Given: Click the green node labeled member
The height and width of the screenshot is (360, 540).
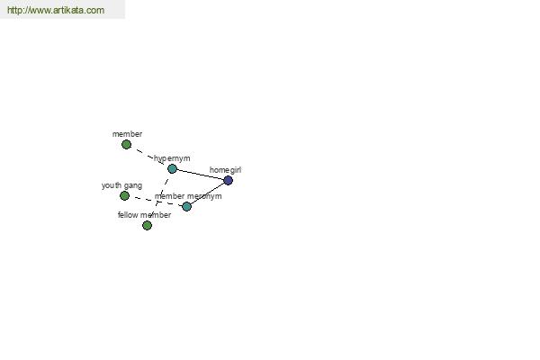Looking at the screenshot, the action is pyautogui.click(x=126, y=144).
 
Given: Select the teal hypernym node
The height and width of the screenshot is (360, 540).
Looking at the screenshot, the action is pyautogui.click(x=172, y=168).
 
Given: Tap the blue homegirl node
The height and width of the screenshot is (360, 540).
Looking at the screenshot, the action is pyautogui.click(x=228, y=180).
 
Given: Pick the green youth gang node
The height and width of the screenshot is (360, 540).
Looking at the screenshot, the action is pyautogui.click(x=124, y=195).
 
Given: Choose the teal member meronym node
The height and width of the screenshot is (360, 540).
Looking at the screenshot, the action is pyautogui.click(x=186, y=206).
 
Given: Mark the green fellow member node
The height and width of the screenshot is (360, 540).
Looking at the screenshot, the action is pyautogui.click(x=147, y=225).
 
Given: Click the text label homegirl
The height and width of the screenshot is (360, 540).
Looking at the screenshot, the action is pyautogui.click(x=225, y=170).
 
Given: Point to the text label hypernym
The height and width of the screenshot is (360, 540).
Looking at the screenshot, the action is pyautogui.click(x=172, y=158).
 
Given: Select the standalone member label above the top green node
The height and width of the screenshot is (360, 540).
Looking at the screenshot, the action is pyautogui.click(x=127, y=134).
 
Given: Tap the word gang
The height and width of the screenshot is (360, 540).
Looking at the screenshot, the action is pyautogui.click(x=133, y=186).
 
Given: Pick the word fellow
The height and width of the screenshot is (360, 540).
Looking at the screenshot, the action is pyautogui.click(x=128, y=215).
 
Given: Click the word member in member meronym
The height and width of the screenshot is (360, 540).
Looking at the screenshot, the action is pyautogui.click(x=169, y=196).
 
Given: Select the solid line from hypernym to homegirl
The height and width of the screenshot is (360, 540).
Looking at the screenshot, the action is pyautogui.click(x=200, y=175).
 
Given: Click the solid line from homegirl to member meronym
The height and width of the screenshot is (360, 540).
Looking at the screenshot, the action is pyautogui.click(x=207, y=193).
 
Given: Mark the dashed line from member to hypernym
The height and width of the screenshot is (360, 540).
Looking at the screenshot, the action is pyautogui.click(x=149, y=157).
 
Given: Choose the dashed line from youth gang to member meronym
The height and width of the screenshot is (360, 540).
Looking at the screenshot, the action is pyautogui.click(x=156, y=202).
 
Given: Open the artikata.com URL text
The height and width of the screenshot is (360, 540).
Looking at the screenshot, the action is pyautogui.click(x=56, y=10).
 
